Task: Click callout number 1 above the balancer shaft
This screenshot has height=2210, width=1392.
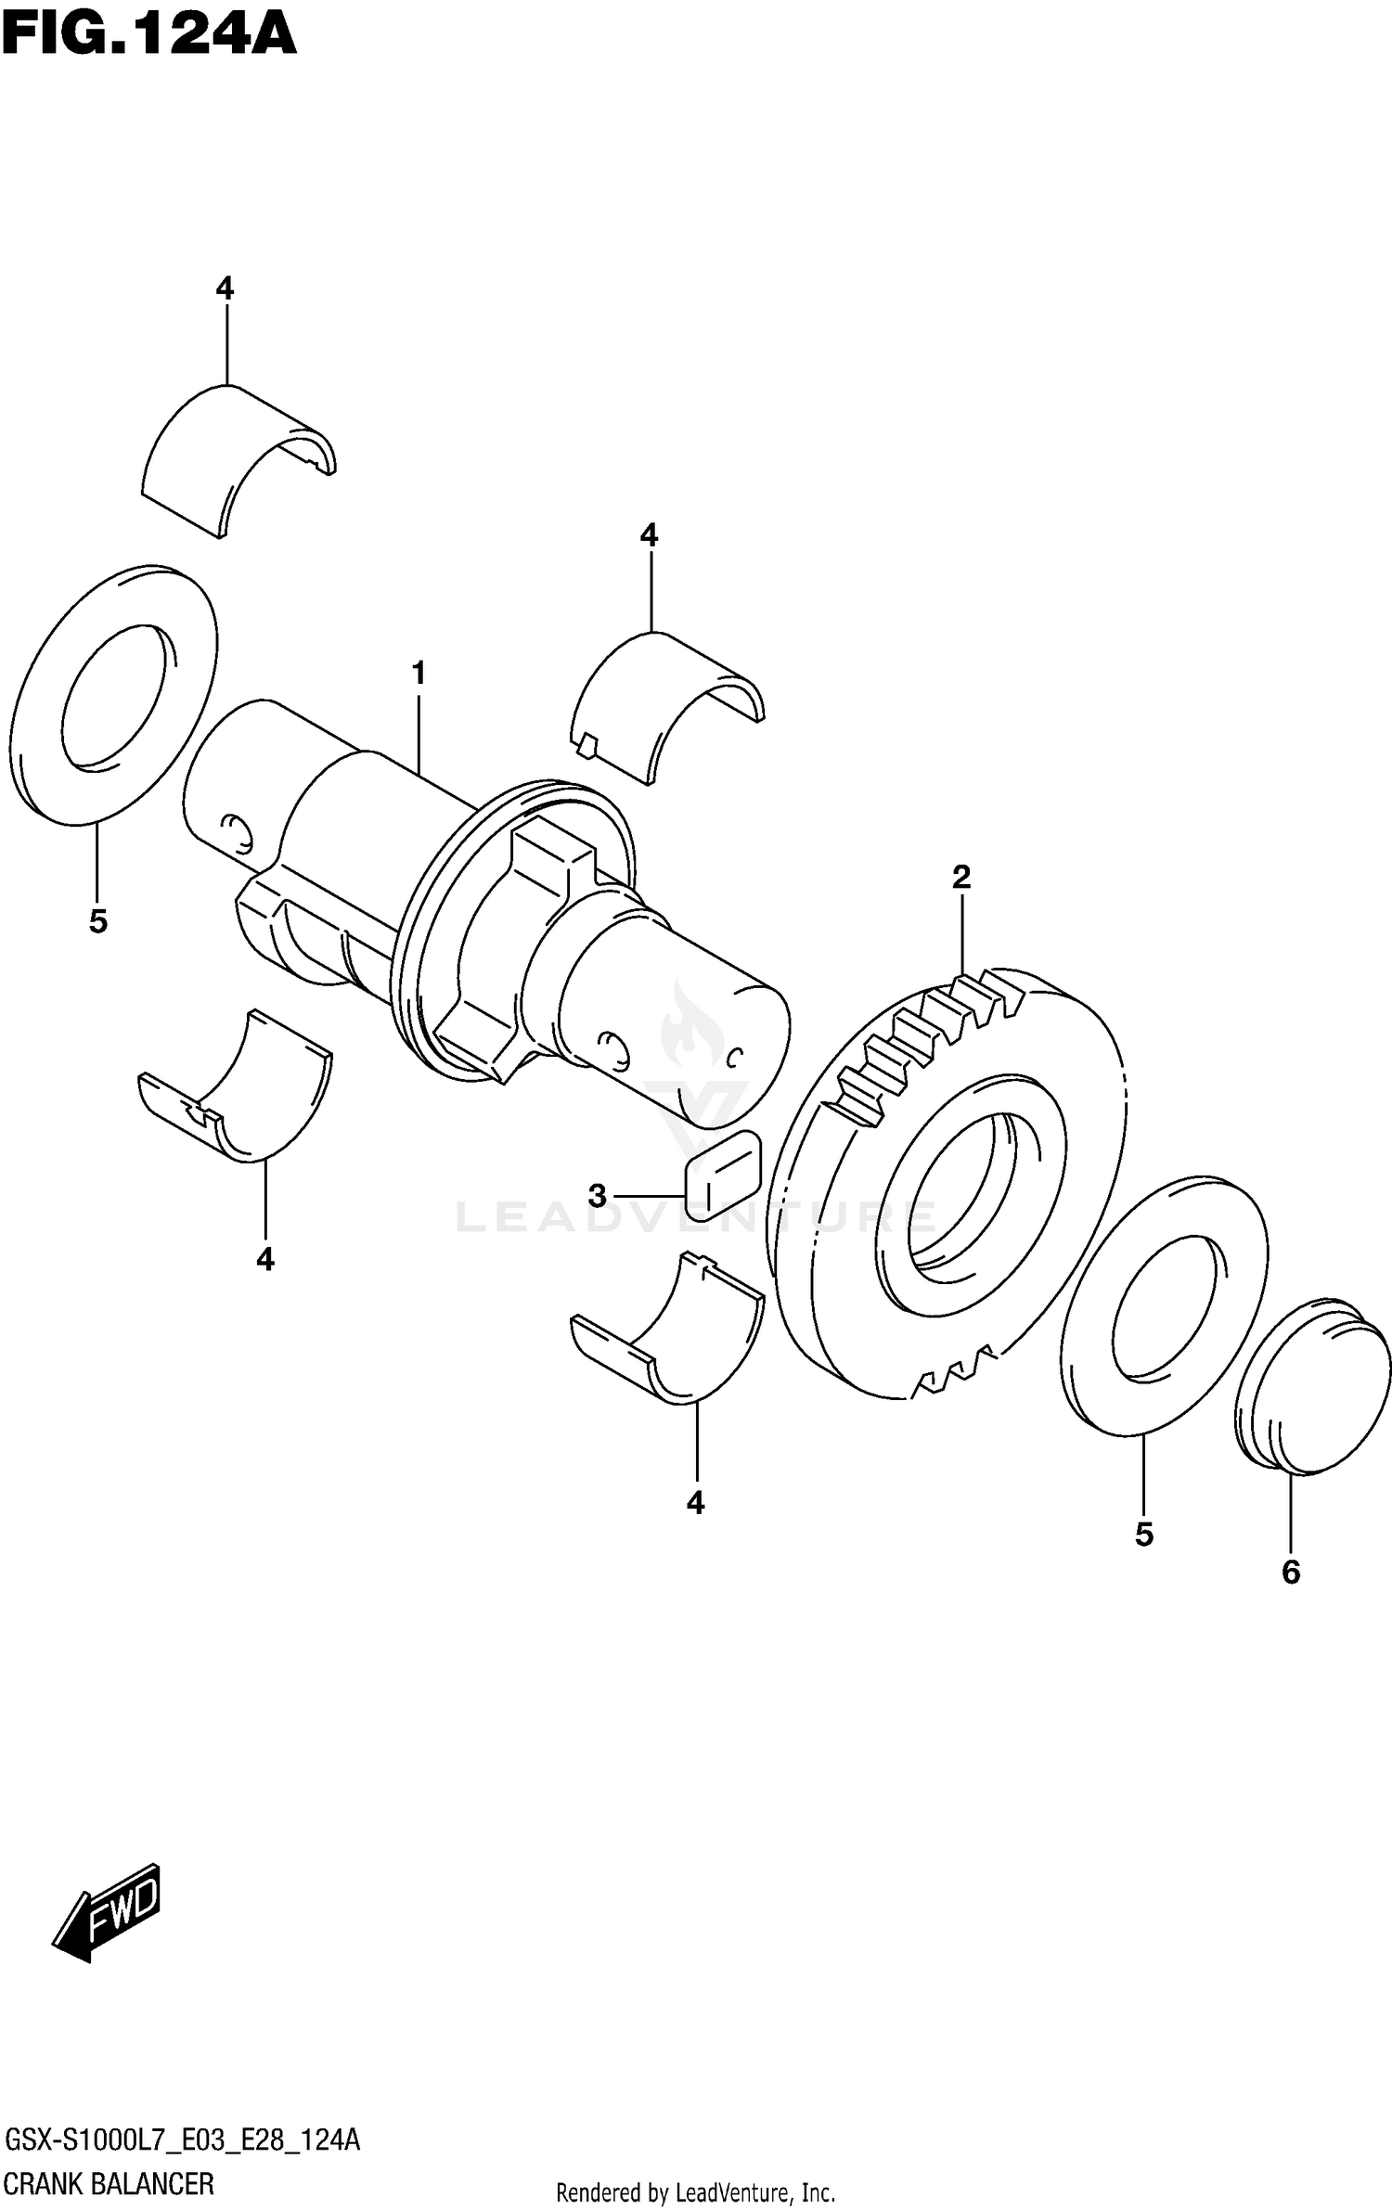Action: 419,674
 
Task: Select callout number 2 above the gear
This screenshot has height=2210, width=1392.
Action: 960,876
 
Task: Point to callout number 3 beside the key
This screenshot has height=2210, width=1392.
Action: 597,1196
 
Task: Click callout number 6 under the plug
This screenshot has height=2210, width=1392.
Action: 1291,1572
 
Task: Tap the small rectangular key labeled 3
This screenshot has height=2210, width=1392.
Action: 723,1175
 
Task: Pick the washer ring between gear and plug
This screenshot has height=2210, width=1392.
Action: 1164,1308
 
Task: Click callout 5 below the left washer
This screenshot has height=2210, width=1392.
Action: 98,921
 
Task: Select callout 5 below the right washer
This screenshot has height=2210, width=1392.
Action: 1143,1535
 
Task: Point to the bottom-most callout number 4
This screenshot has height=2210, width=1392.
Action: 696,1502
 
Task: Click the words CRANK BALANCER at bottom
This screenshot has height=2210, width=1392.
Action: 109,2183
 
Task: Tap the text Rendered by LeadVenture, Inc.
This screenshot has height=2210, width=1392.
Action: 695,2193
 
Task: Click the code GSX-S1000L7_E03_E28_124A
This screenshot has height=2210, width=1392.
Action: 182,2140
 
